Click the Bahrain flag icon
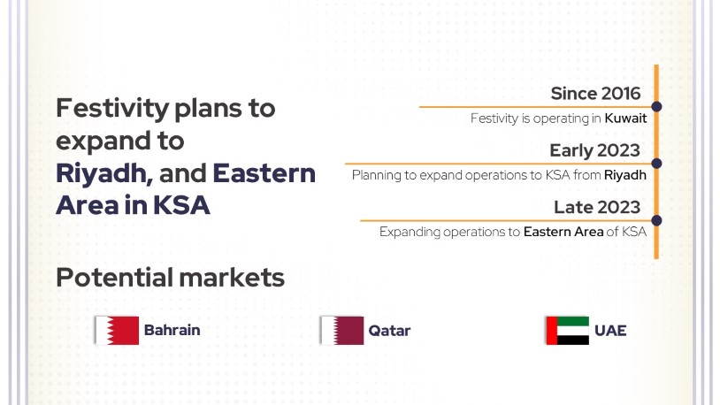pyautogui.click(x=117, y=330)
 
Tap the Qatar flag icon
pyautogui.click(x=342, y=330)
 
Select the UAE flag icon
pyautogui.click(x=568, y=330)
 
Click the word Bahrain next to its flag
pyautogui.click(x=172, y=330)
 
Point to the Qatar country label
pyautogui.click(x=389, y=331)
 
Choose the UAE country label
pyautogui.click(x=610, y=331)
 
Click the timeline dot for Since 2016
pyautogui.click(x=656, y=106)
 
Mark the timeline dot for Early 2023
pyautogui.click(x=656, y=164)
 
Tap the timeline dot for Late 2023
pyautogui.click(x=656, y=220)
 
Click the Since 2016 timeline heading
pyautogui.click(x=595, y=94)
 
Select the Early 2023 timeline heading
pyautogui.click(x=594, y=150)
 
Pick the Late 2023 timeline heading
pyautogui.click(x=597, y=208)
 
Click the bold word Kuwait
pyautogui.click(x=625, y=118)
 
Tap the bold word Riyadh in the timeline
pyautogui.click(x=625, y=175)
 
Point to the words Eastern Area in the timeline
pyautogui.click(x=563, y=232)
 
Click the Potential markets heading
pyautogui.click(x=171, y=278)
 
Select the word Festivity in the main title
pyautogui.click(x=112, y=109)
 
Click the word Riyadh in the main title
pyautogui.click(x=102, y=173)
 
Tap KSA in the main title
pyautogui.click(x=181, y=205)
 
